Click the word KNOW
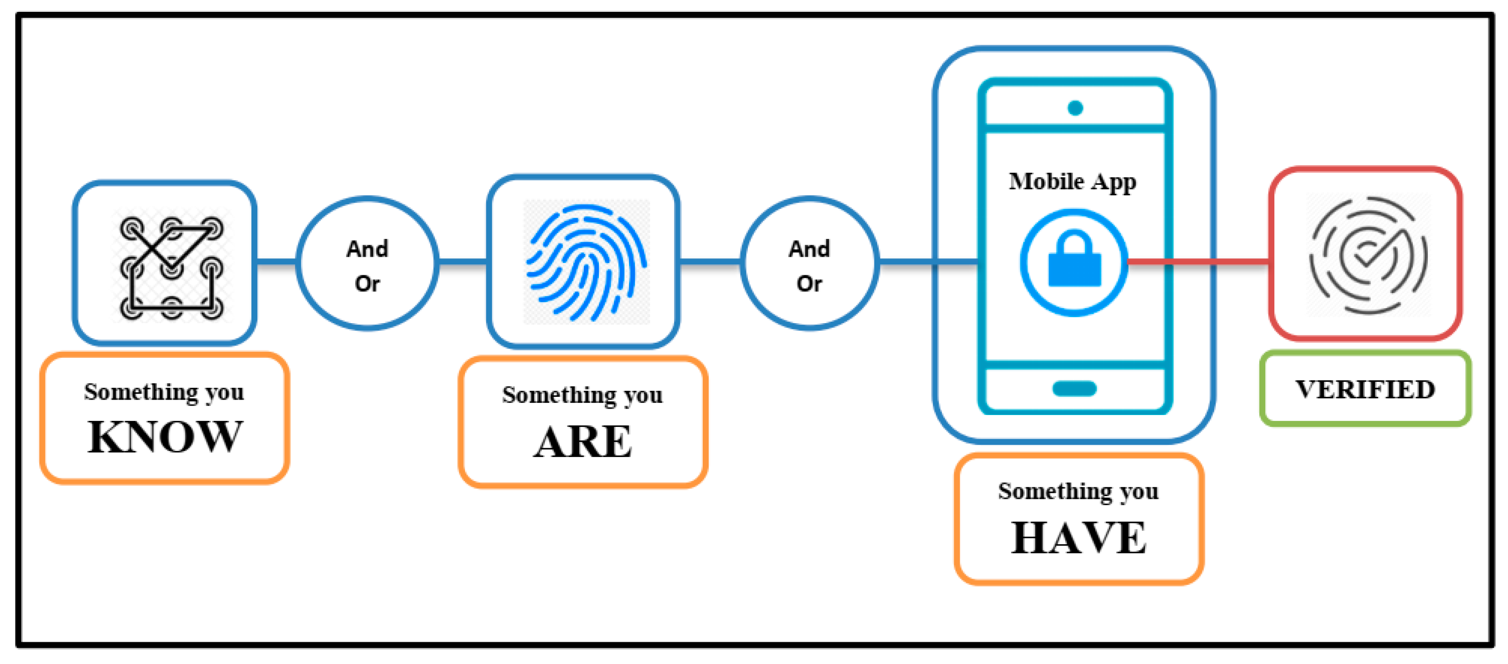(x=164, y=437)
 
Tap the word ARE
(x=583, y=442)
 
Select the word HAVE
(x=1079, y=538)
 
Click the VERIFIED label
(x=1365, y=389)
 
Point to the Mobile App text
(x=1073, y=181)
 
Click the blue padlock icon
(x=1074, y=263)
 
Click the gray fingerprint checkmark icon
(x=1368, y=255)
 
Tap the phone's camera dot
(x=1075, y=108)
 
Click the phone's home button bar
(x=1074, y=389)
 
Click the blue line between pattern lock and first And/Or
(x=276, y=262)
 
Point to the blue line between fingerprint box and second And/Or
(x=710, y=262)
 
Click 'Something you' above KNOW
(x=164, y=391)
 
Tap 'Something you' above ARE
(x=583, y=395)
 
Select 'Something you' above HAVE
(x=1079, y=491)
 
